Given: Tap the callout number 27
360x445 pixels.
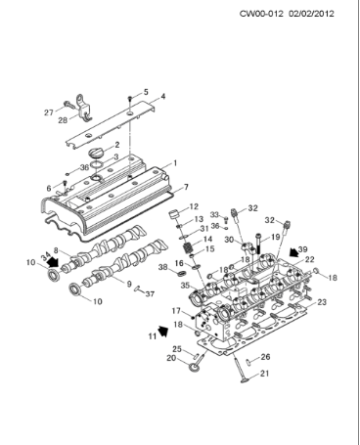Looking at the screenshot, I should [x=48, y=112].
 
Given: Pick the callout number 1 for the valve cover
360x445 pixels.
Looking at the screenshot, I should [x=174, y=162].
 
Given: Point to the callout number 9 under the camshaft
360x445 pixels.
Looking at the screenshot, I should [x=126, y=284].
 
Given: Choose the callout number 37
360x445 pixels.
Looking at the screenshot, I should [x=150, y=291].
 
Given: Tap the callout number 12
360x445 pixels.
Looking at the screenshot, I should [x=194, y=206].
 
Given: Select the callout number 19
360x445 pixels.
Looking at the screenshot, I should [x=276, y=237].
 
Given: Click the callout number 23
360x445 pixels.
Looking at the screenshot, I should [x=320, y=302].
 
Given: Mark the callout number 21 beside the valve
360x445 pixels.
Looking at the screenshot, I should [x=263, y=374].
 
